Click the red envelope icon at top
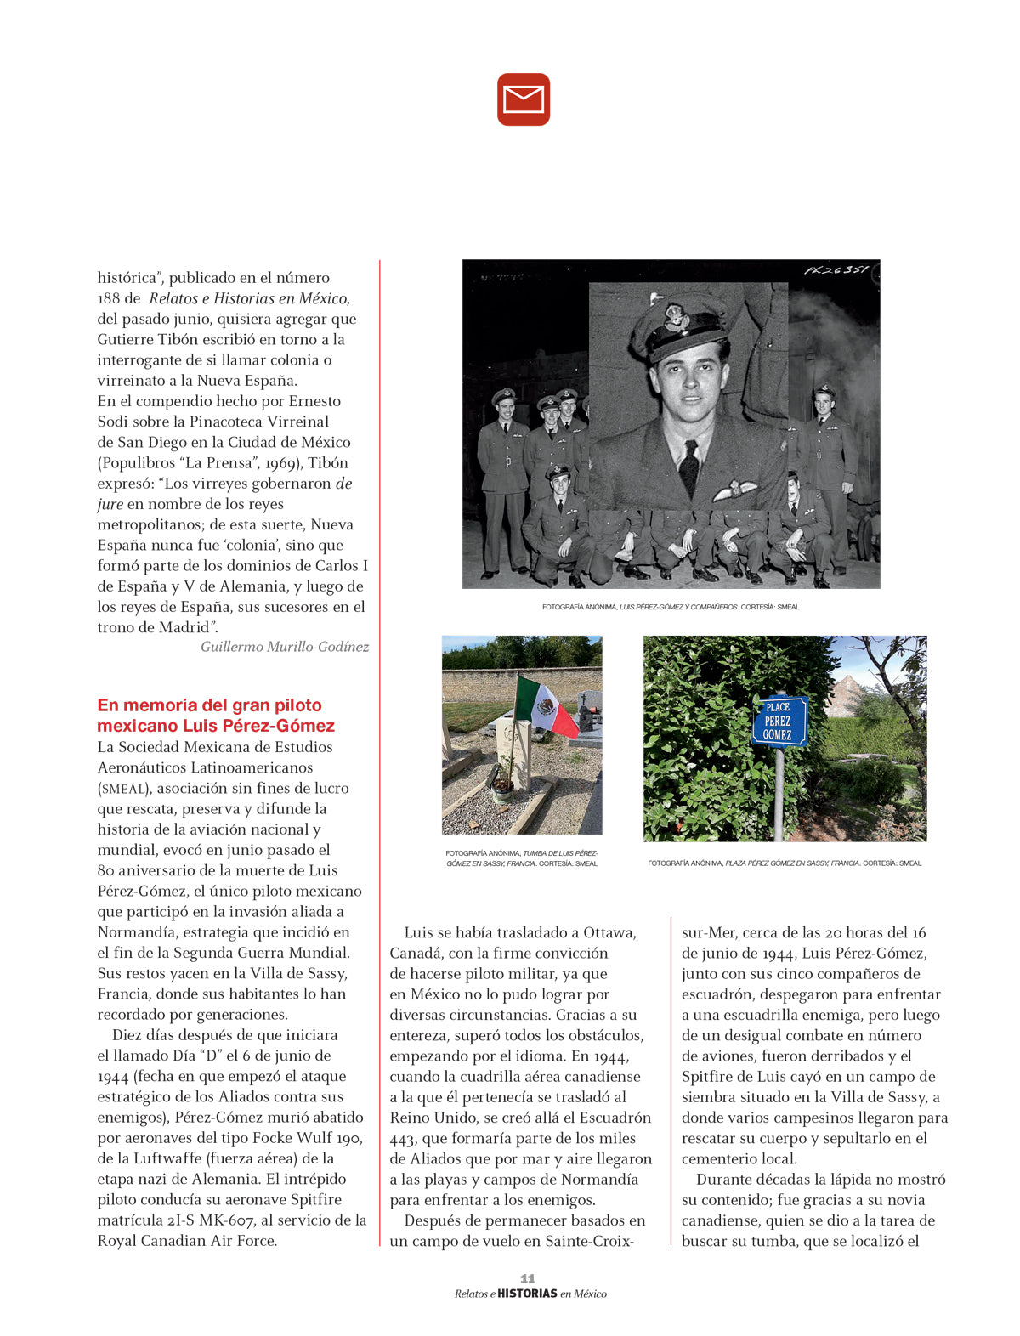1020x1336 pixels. tap(524, 99)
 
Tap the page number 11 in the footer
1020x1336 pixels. tap(528, 1278)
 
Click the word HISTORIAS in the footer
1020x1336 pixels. tap(527, 1294)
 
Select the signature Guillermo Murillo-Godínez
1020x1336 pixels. tap(285, 647)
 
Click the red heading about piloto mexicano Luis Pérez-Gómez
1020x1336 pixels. tap(216, 715)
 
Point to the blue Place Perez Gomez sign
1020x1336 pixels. tap(778, 721)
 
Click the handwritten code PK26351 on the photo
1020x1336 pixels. tap(836, 270)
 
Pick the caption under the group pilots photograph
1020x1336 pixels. tap(671, 607)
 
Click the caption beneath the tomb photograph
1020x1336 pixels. tap(522, 858)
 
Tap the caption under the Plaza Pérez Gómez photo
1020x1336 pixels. tap(785, 863)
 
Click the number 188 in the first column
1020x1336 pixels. tap(110, 298)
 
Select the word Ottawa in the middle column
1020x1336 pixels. tap(609, 932)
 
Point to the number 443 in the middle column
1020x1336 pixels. tap(403, 1139)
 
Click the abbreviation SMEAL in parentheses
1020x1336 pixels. tap(124, 789)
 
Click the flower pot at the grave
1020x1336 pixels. tap(503, 786)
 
